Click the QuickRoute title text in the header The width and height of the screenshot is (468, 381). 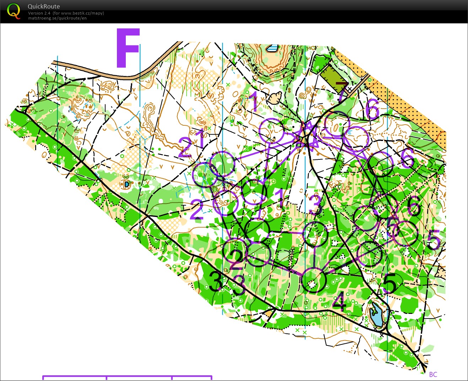[x=44, y=6]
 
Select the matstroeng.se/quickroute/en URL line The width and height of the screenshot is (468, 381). [x=57, y=18]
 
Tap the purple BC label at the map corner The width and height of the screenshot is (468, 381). [x=433, y=374]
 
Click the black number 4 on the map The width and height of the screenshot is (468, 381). [x=339, y=302]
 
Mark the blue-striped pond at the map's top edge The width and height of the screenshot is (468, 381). [x=273, y=48]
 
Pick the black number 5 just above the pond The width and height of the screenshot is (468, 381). [x=390, y=283]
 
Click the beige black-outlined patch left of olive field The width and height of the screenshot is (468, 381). [x=274, y=98]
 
